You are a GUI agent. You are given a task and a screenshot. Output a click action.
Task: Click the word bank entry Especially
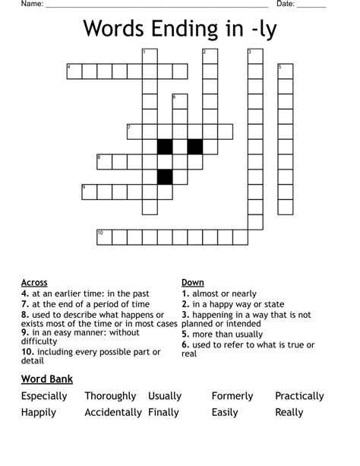click(44, 396)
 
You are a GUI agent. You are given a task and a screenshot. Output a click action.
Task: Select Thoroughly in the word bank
click(110, 396)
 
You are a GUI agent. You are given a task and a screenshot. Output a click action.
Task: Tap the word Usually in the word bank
click(165, 396)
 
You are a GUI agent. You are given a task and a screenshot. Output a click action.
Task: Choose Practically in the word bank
click(299, 396)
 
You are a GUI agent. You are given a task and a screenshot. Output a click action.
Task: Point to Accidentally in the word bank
click(113, 412)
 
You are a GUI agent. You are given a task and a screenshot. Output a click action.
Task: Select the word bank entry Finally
click(163, 412)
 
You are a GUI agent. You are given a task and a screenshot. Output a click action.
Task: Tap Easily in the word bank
click(225, 412)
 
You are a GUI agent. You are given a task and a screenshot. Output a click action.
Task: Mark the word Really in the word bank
click(289, 412)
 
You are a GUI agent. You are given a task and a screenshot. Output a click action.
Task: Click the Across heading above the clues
click(34, 283)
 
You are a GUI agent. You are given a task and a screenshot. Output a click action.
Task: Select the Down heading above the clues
click(192, 283)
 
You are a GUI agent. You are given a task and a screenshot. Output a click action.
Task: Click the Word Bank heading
click(47, 379)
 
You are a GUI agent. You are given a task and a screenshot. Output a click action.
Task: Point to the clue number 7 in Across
click(24, 303)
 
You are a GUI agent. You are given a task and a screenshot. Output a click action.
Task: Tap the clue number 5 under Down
click(185, 334)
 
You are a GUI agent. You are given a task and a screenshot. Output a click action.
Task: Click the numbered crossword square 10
click(104, 237)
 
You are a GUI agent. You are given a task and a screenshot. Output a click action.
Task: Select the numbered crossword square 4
click(74, 71)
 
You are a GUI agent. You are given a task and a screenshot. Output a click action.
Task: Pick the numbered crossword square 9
click(89, 192)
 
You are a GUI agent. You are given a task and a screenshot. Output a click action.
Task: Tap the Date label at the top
click(285, 5)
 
